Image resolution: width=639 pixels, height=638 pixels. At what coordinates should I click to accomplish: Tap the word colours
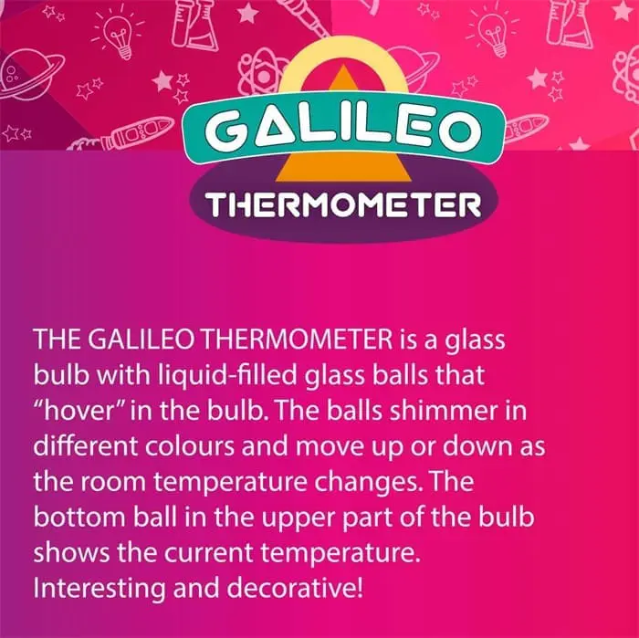(190, 446)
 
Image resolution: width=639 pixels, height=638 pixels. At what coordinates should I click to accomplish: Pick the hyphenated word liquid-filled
(227, 377)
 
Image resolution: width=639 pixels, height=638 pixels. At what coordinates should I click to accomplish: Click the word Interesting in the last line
(100, 589)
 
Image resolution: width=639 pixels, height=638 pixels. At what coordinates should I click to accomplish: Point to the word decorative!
(295, 589)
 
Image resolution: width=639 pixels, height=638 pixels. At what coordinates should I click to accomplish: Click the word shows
(72, 553)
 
